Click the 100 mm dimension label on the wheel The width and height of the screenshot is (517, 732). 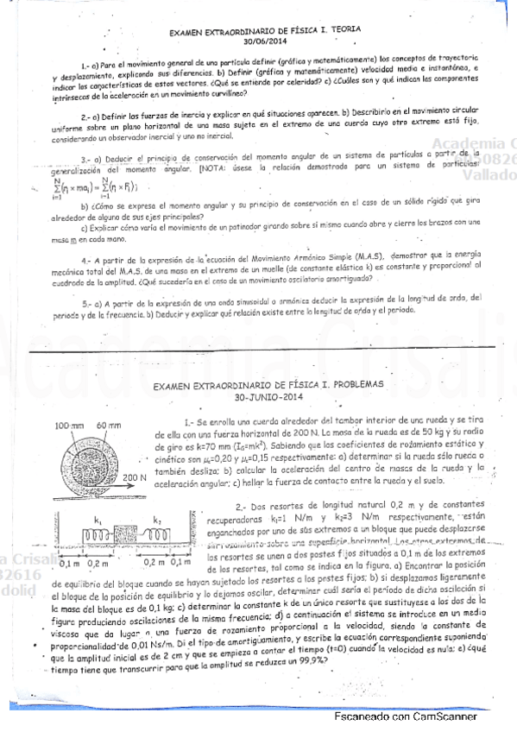(67, 426)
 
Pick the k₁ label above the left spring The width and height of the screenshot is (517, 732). (98, 521)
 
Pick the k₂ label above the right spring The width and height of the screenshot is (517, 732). (156, 521)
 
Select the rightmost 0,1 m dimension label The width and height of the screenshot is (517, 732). (182, 564)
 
